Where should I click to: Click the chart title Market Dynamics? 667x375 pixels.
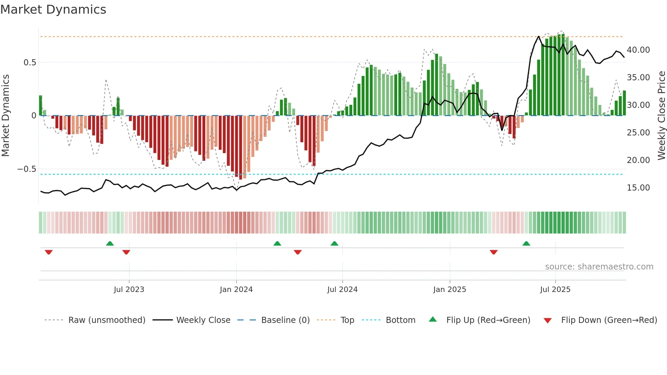pyautogui.click(x=53, y=10)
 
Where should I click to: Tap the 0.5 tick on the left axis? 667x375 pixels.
pyautogui.click(x=30, y=63)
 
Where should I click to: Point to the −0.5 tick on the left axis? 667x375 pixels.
pyautogui.click(x=27, y=169)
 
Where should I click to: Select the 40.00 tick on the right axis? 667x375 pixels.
pyautogui.click(x=638, y=50)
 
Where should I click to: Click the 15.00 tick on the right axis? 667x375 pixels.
pyautogui.click(x=638, y=188)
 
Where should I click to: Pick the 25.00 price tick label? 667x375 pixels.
pyautogui.click(x=638, y=133)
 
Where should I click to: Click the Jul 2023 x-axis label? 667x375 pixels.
pyautogui.click(x=129, y=290)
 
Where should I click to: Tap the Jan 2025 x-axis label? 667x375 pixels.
pyautogui.click(x=450, y=290)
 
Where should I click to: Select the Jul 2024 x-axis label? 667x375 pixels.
pyautogui.click(x=342, y=290)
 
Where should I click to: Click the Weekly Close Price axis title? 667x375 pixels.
pyautogui.click(x=661, y=116)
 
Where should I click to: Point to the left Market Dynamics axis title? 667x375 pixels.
pyautogui.click(x=5, y=116)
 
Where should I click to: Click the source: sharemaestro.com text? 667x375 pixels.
pyautogui.click(x=599, y=267)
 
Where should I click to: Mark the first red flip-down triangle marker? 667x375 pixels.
pyautogui.click(x=49, y=252)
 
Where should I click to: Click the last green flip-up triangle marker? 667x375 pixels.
pyautogui.click(x=526, y=243)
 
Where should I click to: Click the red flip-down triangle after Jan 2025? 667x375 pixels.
pyautogui.click(x=493, y=252)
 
